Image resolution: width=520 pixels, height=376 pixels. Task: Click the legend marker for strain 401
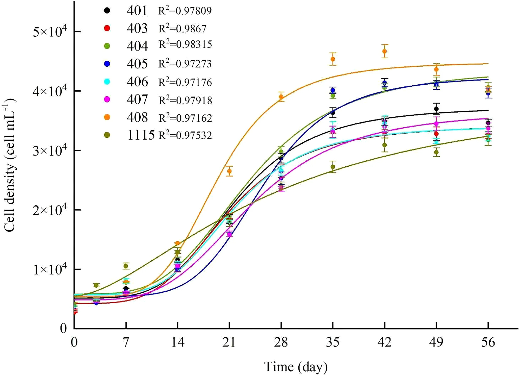pyautogui.click(x=107, y=10)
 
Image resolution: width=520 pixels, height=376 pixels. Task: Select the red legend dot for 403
pyautogui.click(x=107, y=28)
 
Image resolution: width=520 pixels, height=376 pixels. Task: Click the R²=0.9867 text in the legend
pyautogui.click(x=183, y=28)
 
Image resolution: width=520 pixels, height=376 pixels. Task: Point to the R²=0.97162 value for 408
pyautogui.click(x=185, y=118)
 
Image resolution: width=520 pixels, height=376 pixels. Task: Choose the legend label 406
pyautogui.click(x=137, y=82)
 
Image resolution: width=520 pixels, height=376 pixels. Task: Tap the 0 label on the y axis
pyautogui.click(x=63, y=329)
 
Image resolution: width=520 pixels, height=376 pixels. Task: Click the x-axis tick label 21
pyautogui.click(x=229, y=342)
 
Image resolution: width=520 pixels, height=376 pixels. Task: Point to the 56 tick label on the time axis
pyautogui.click(x=488, y=342)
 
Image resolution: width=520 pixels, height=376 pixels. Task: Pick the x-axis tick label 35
pyautogui.click(x=333, y=342)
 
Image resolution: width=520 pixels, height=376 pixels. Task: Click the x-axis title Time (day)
pyautogui.click(x=296, y=367)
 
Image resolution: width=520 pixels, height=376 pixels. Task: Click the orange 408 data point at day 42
pyautogui.click(x=385, y=51)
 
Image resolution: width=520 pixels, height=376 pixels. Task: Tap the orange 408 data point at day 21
pyautogui.click(x=229, y=171)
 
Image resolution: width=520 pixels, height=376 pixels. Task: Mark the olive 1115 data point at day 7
pyautogui.click(x=126, y=266)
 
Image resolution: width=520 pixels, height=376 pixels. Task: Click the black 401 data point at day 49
pyautogui.click(x=436, y=109)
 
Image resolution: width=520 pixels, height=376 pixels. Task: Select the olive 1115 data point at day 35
pyautogui.click(x=333, y=167)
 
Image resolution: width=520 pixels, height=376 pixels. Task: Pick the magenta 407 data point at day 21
pyautogui.click(x=229, y=234)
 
